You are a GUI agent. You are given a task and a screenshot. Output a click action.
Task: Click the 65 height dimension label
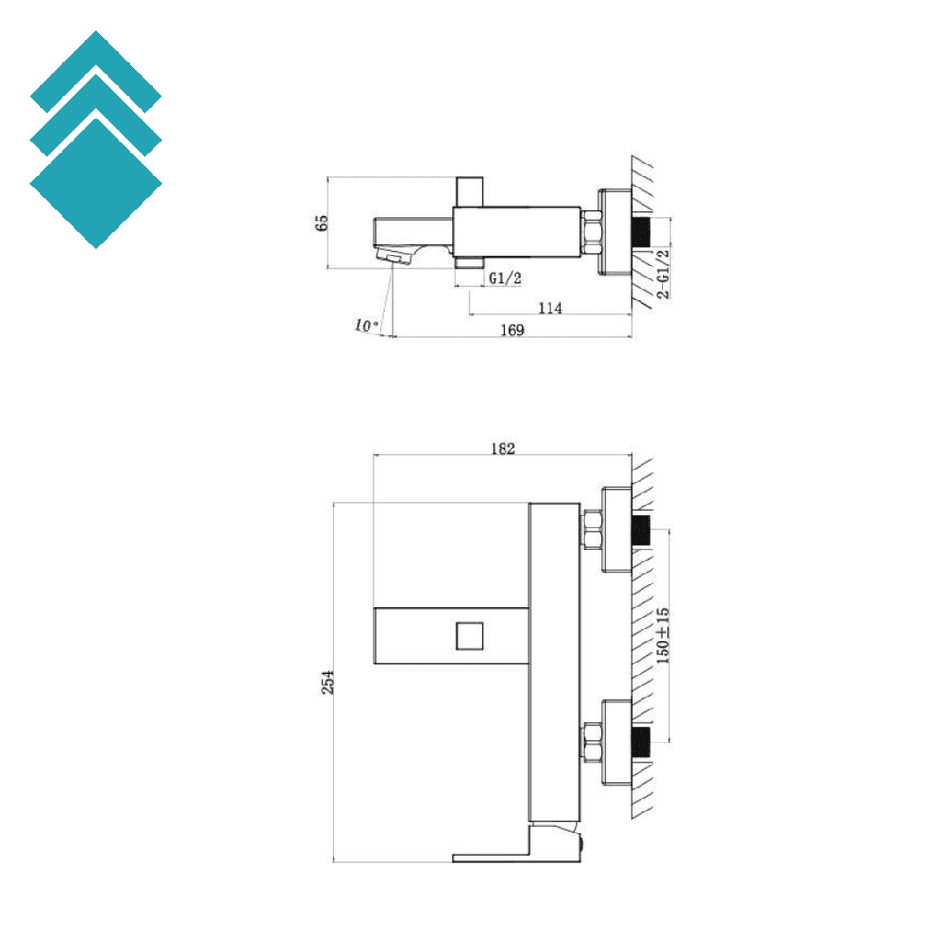pyautogui.click(x=321, y=223)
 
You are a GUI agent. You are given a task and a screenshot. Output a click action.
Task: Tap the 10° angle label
pyautogui.click(x=366, y=324)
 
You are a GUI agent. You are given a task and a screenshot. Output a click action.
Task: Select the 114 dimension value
pyautogui.click(x=550, y=308)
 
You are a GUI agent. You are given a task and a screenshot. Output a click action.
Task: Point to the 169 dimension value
pyautogui.click(x=512, y=331)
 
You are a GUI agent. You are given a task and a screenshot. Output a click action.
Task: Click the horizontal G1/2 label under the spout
pyautogui.click(x=505, y=278)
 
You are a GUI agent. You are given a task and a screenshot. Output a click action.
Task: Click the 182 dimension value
pyautogui.click(x=503, y=448)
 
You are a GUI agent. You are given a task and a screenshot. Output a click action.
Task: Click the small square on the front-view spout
pyautogui.click(x=469, y=635)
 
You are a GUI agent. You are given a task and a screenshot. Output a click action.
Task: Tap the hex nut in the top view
pyautogui.click(x=591, y=232)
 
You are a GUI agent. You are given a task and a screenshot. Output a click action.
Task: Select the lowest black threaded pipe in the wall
pyautogui.click(x=642, y=741)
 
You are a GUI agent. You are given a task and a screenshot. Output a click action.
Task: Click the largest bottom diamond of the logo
pyautogui.click(x=96, y=183)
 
